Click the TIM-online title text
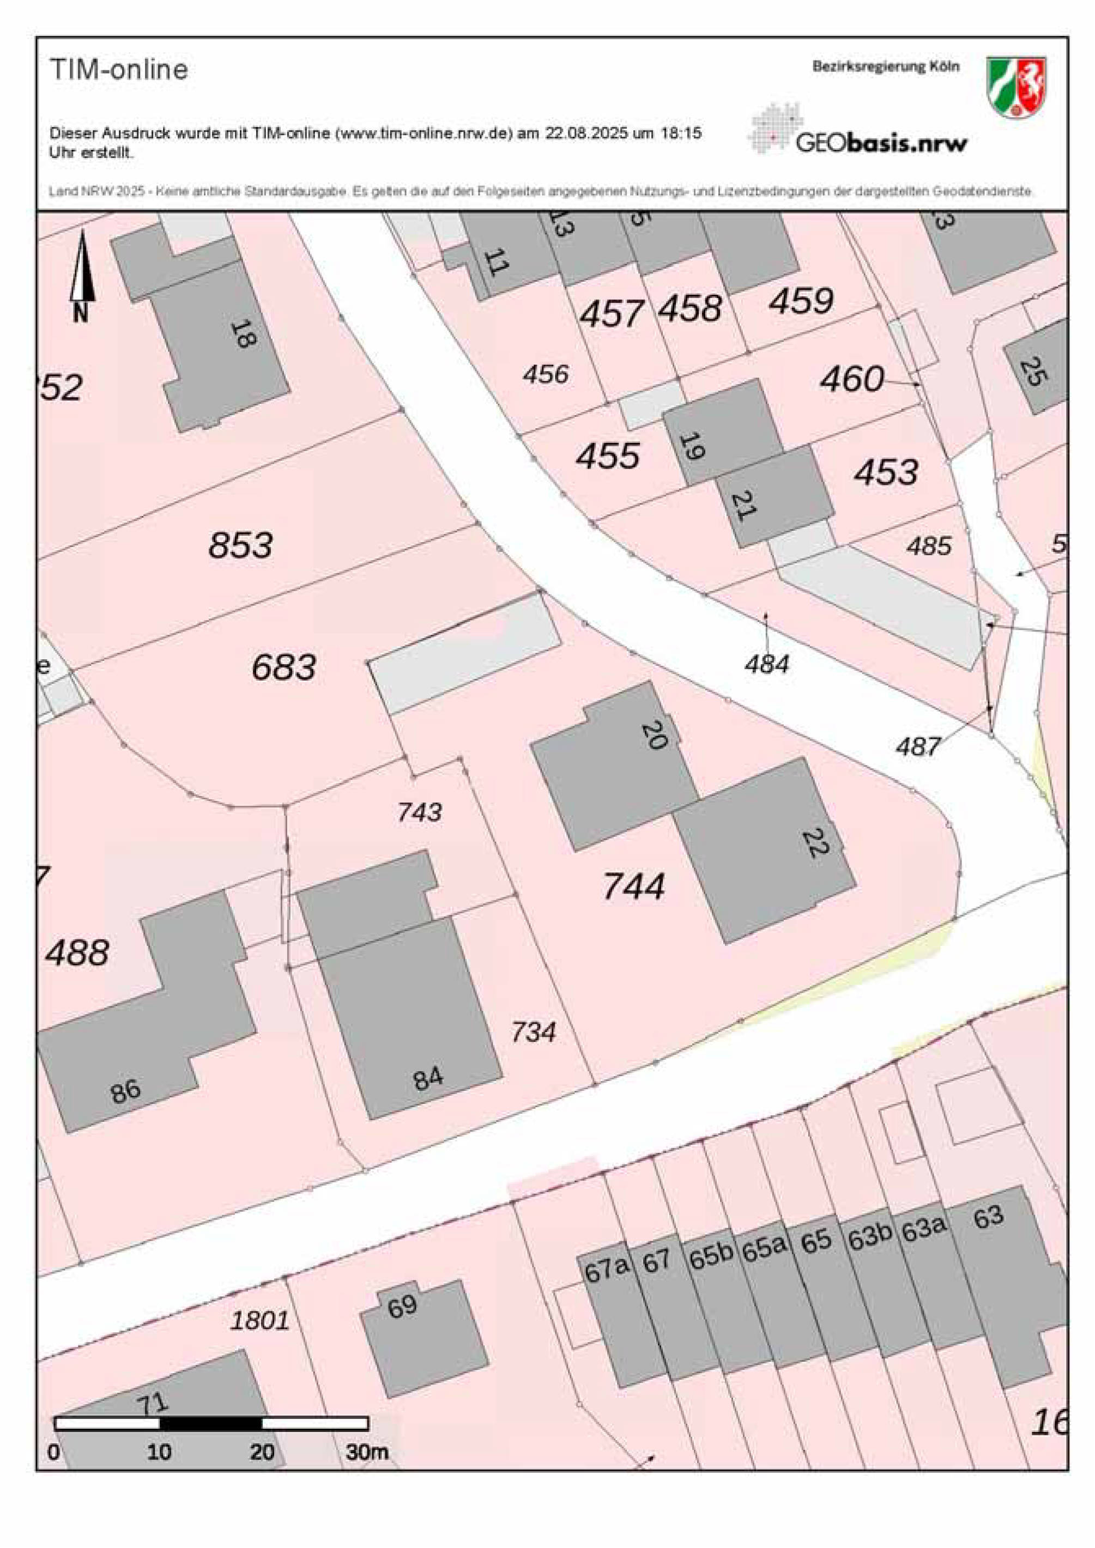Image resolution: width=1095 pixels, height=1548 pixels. [119, 69]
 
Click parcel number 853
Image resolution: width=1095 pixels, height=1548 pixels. [241, 545]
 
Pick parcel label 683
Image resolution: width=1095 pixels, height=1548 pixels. [284, 668]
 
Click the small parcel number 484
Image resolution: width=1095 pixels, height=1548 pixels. [767, 665]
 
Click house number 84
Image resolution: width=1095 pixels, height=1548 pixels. [428, 1078]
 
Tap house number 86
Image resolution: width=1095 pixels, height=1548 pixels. [125, 1091]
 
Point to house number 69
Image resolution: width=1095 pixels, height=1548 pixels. [403, 1307]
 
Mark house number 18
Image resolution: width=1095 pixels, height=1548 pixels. [244, 333]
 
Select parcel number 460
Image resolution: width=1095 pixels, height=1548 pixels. [851, 380]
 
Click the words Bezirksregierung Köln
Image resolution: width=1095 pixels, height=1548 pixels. [885, 66]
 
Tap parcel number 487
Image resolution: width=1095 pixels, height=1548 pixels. [918, 746]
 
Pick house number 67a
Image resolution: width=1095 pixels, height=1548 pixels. [606, 1270]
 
